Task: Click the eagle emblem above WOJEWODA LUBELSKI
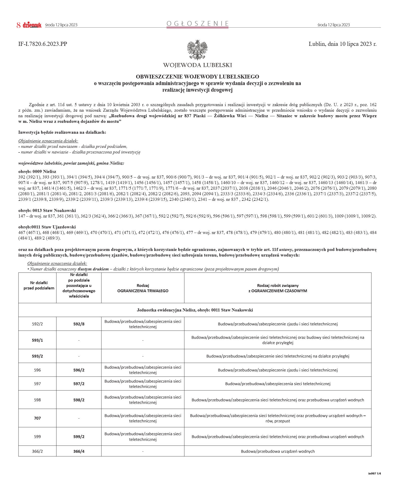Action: tap(197, 50)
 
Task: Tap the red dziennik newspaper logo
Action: tap(32, 25)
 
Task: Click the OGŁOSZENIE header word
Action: tap(197, 24)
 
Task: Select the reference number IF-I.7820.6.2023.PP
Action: tap(43, 44)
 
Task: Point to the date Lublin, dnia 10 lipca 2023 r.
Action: tap(342, 44)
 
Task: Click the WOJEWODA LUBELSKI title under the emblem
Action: tap(197, 65)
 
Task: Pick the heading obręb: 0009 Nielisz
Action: tap(37, 171)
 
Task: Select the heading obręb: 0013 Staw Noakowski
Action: tap(47, 210)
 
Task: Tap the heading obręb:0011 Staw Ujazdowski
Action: tap(47, 227)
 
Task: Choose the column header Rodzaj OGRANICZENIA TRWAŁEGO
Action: tap(143, 288)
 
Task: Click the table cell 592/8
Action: tap(79, 324)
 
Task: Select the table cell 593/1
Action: tap(37, 340)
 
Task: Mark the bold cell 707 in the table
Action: tap(37, 418)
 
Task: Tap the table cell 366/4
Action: tap(79, 451)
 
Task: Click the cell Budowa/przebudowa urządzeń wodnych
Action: tap(278, 451)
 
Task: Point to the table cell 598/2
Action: tap(79, 400)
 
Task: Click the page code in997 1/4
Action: tap(374, 474)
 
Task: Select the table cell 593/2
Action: tap(37, 356)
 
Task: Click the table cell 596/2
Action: tap(79, 370)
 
